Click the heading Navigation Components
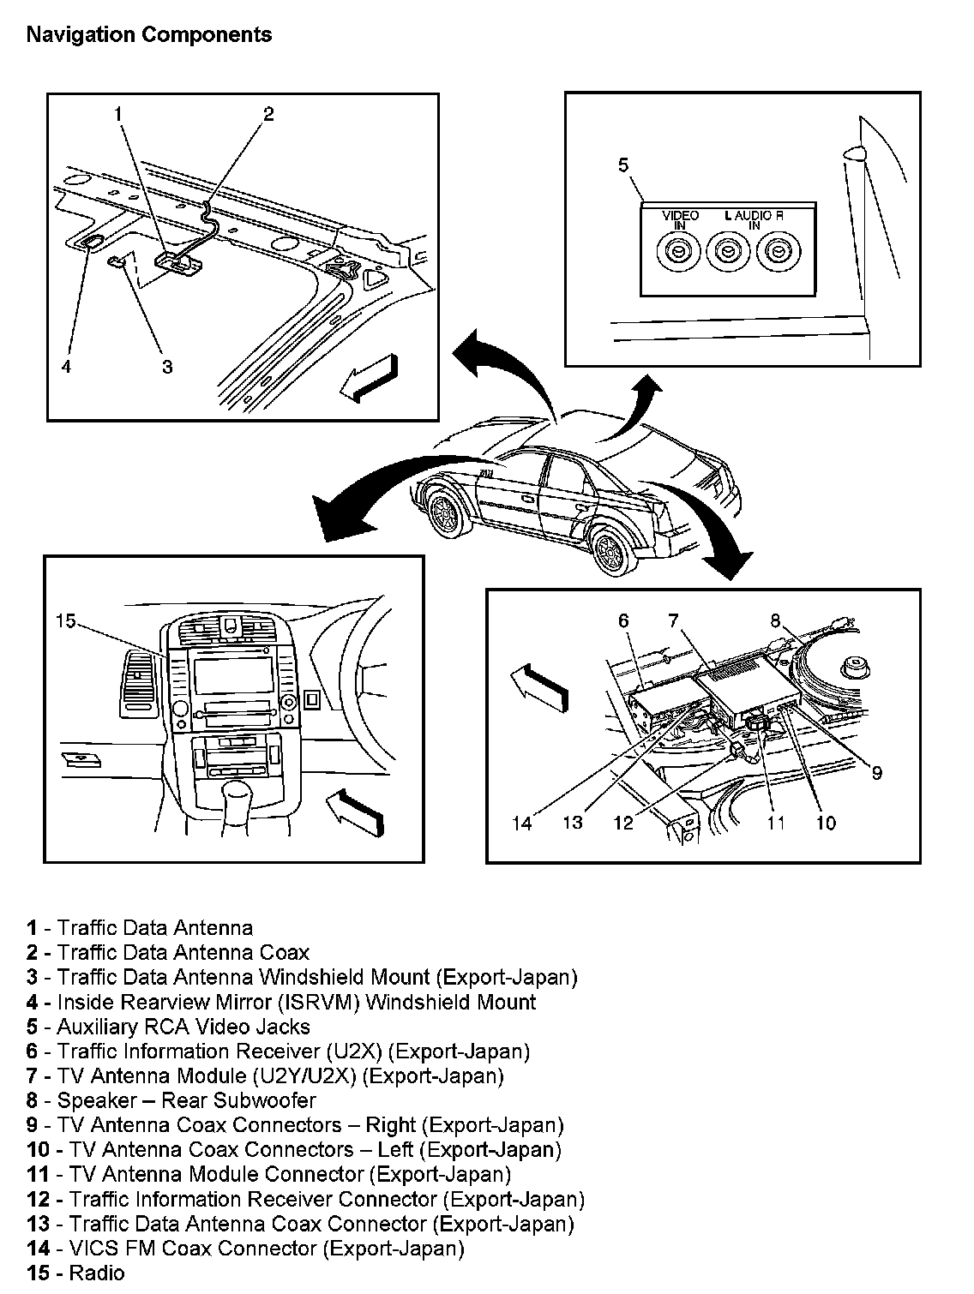click(149, 35)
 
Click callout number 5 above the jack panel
click(623, 165)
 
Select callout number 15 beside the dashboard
click(67, 620)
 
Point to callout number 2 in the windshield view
click(268, 114)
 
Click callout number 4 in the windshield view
click(66, 367)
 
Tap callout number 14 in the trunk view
click(522, 824)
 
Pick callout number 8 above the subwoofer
click(775, 620)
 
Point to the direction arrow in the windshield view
click(369, 378)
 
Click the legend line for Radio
click(76, 1273)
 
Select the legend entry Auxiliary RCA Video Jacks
click(168, 1027)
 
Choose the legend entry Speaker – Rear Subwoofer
click(171, 1100)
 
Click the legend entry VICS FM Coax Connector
click(246, 1249)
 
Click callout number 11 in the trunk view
click(776, 824)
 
